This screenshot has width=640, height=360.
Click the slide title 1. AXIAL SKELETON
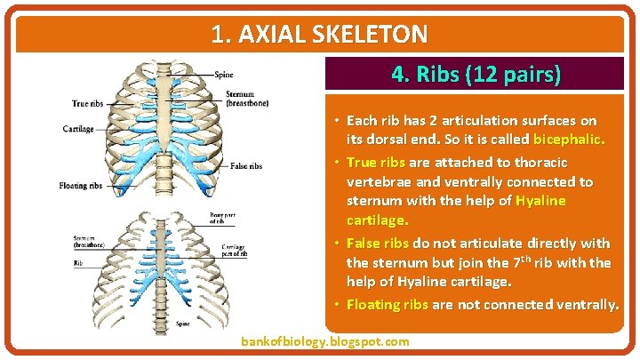coord(320,35)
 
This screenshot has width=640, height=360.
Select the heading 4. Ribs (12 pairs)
coord(476,75)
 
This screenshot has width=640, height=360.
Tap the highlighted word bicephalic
coord(569,140)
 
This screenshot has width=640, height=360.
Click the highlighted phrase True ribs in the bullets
coord(375,162)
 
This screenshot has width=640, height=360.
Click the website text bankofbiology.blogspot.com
coord(325,341)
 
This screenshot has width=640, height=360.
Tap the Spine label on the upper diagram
coord(223,74)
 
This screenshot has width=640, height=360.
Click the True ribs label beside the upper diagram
coord(87,104)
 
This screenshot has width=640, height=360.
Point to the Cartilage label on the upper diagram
coord(78,129)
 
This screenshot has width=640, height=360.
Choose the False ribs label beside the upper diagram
coord(245,166)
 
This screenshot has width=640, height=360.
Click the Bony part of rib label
coord(223,217)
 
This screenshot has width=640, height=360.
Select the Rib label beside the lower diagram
coord(77,263)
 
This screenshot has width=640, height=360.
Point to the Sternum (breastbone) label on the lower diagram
coord(84,241)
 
